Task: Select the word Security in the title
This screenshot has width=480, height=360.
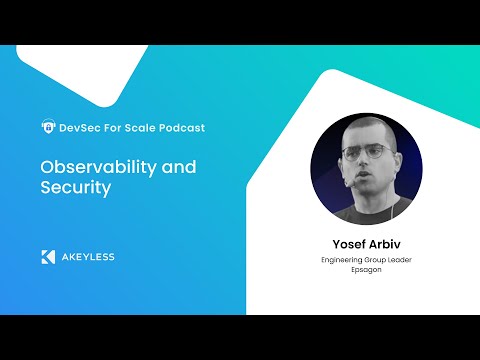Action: coord(73,187)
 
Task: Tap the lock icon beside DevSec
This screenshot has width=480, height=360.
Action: coord(47,127)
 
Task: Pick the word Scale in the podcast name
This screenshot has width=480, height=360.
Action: coord(145,127)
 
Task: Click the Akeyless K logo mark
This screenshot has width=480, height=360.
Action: coord(47,257)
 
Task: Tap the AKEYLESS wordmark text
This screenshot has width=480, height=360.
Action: coord(87,257)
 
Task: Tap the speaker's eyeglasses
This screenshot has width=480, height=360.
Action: coord(364,154)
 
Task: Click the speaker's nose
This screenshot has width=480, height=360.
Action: coord(364,163)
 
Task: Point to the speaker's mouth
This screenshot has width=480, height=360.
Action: coord(364,177)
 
